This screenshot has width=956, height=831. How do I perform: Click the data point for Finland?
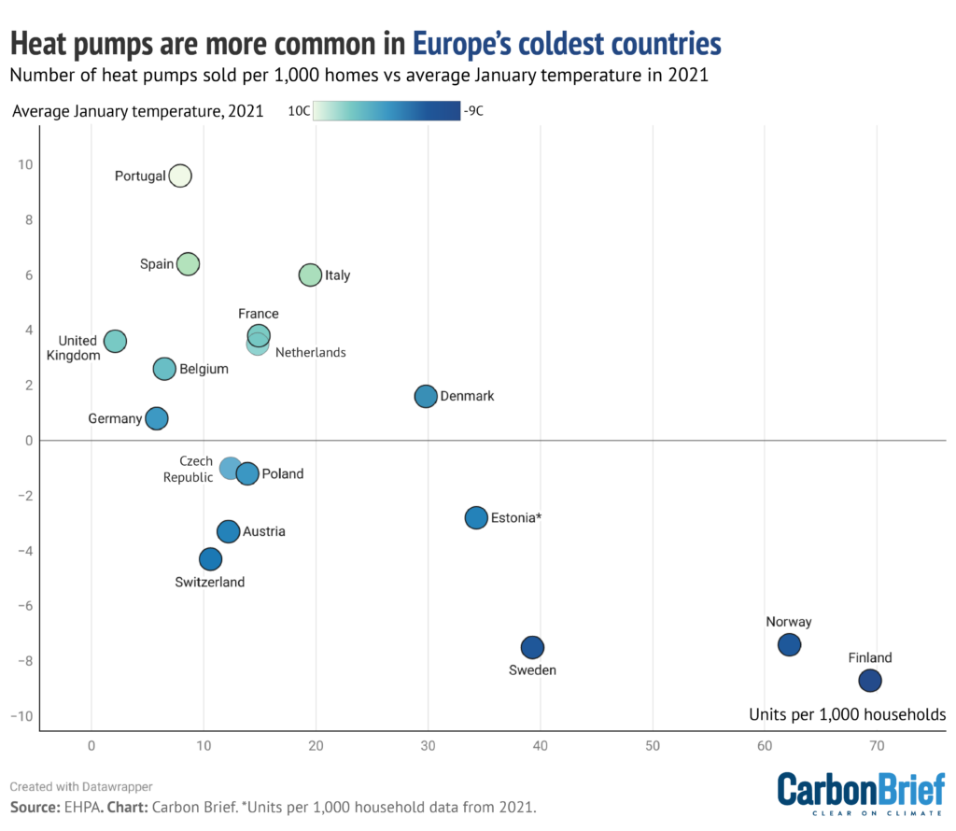(x=870, y=681)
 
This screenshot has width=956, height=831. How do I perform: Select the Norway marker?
(x=790, y=644)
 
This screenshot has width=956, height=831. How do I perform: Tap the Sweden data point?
(x=532, y=647)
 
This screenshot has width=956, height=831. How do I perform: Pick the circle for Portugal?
(x=180, y=176)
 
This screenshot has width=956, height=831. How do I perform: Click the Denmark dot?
(x=426, y=396)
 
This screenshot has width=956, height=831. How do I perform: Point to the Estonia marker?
(x=476, y=517)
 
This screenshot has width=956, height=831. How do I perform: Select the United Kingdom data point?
(x=115, y=342)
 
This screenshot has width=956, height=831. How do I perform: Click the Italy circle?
(x=310, y=275)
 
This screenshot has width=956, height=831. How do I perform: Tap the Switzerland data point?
(x=211, y=559)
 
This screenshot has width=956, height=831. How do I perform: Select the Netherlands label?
(x=310, y=353)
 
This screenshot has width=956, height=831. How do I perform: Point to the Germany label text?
(x=115, y=419)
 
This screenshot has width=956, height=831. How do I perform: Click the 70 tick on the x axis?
(x=877, y=747)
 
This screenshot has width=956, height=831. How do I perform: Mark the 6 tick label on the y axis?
(x=27, y=275)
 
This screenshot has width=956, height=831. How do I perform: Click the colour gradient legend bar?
(x=387, y=111)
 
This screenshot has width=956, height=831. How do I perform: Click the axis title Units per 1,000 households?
(x=847, y=714)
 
